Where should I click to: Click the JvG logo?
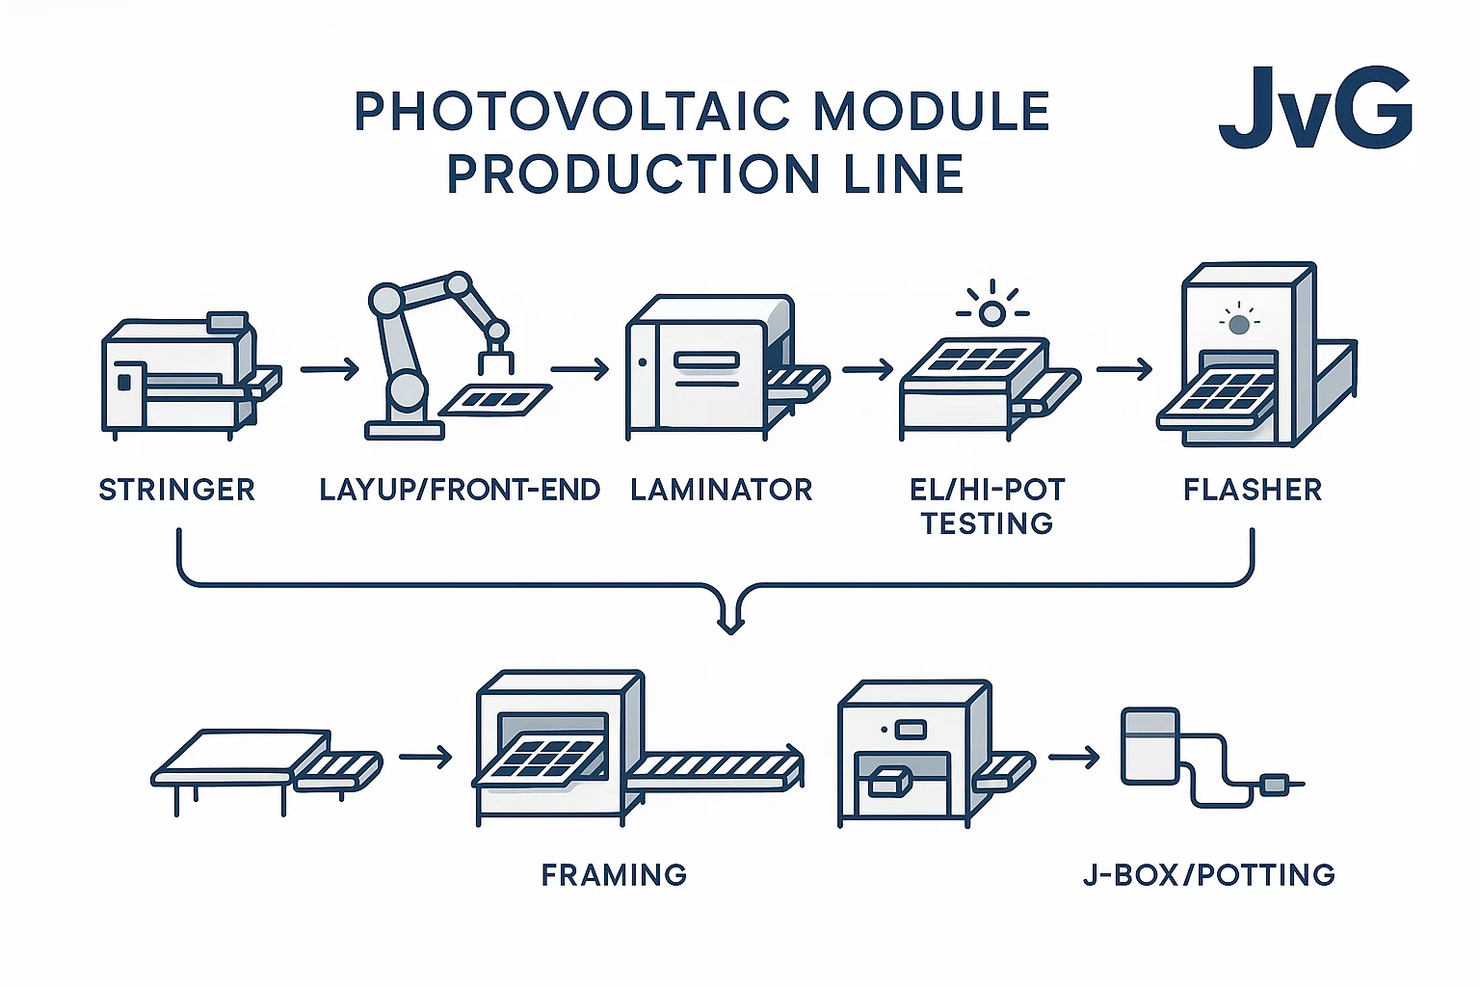pyautogui.click(x=1315, y=108)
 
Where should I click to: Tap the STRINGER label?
pyautogui.click(x=177, y=490)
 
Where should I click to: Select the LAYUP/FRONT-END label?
pyautogui.click(x=460, y=490)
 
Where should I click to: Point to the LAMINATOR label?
pyautogui.click(x=722, y=490)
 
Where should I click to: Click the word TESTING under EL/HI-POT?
pyautogui.click(x=987, y=523)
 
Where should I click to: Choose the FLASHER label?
pyautogui.click(x=1253, y=490)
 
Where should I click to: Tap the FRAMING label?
pyautogui.click(x=614, y=875)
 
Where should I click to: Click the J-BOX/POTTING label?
pyautogui.click(x=1209, y=875)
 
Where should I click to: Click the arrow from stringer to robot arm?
pyautogui.click(x=330, y=369)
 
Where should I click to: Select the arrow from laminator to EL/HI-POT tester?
pyautogui.click(x=867, y=369)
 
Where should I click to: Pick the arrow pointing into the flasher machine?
pyautogui.click(x=1123, y=369)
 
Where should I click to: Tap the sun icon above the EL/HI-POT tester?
pyautogui.click(x=991, y=312)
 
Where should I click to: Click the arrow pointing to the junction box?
pyautogui.click(x=1073, y=758)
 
